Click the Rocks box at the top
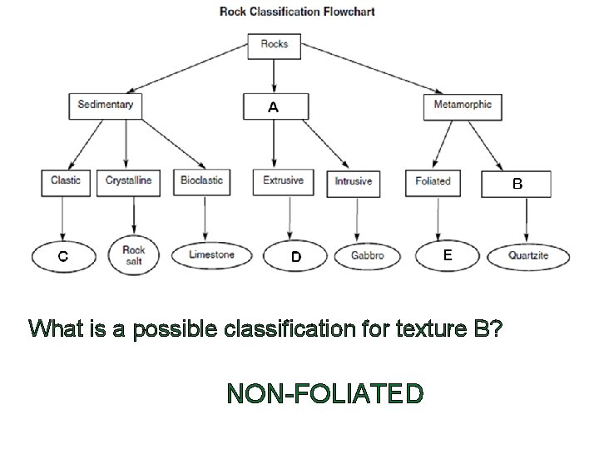click(x=275, y=46)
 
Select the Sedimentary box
click(x=105, y=105)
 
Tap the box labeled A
click(x=275, y=106)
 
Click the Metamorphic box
click(x=463, y=105)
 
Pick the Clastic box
click(x=66, y=181)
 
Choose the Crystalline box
click(x=129, y=181)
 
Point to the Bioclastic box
click(x=202, y=181)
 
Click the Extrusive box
click(x=283, y=181)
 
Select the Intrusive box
click(x=354, y=182)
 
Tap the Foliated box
click(x=433, y=182)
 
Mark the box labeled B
click(x=517, y=184)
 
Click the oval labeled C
click(x=62, y=256)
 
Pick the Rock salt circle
click(x=133, y=254)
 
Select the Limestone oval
click(x=211, y=255)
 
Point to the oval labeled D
click(x=296, y=257)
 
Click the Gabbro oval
click(x=367, y=256)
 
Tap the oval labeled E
click(x=447, y=255)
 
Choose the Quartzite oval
click(x=528, y=256)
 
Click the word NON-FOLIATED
click(x=325, y=392)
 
